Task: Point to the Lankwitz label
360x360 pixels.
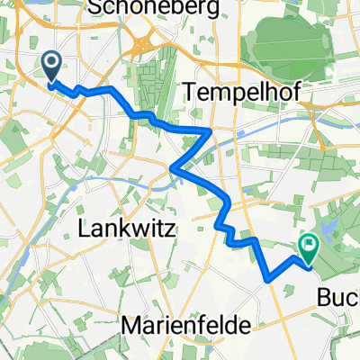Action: (138, 229)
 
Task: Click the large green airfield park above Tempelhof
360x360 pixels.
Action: (297, 40)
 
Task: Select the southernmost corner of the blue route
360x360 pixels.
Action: (268, 281)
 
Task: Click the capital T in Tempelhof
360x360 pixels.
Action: (190, 89)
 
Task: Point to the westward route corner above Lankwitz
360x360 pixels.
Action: (173, 167)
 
